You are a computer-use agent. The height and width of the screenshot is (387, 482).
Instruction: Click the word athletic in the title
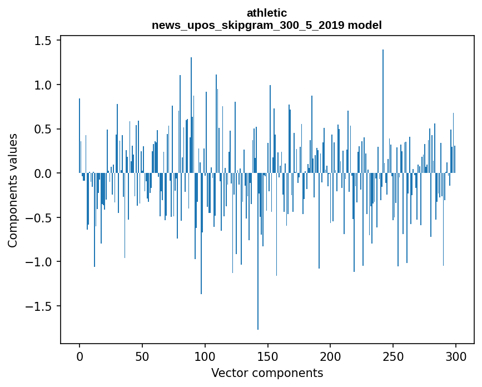pyautogui.click(x=267, y=13)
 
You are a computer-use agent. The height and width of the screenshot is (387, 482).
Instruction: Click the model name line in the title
pyautogui.click(x=267, y=25)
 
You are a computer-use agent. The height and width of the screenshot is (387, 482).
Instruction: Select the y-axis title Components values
pyautogui.click(x=12, y=190)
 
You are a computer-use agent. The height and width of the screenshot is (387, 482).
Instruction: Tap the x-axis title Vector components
pyautogui.click(x=267, y=373)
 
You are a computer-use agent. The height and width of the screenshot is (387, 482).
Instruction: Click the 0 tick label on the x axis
pyautogui.click(x=79, y=355)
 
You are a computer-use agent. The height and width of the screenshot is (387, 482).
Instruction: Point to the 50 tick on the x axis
pyautogui.click(x=142, y=355)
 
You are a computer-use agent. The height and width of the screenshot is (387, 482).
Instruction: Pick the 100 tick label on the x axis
pyautogui.click(x=205, y=355)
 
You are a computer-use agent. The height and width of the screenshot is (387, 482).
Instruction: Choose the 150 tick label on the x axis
pyautogui.click(x=268, y=355)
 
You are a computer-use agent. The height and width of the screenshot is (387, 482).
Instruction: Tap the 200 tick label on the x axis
pyautogui.click(x=331, y=355)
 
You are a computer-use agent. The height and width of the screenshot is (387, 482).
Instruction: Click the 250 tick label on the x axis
pyautogui.click(x=394, y=355)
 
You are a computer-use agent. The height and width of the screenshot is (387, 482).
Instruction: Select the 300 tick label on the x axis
pyautogui.click(x=456, y=355)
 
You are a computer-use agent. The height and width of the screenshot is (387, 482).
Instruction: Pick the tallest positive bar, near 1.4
pyautogui.click(x=383, y=111)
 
